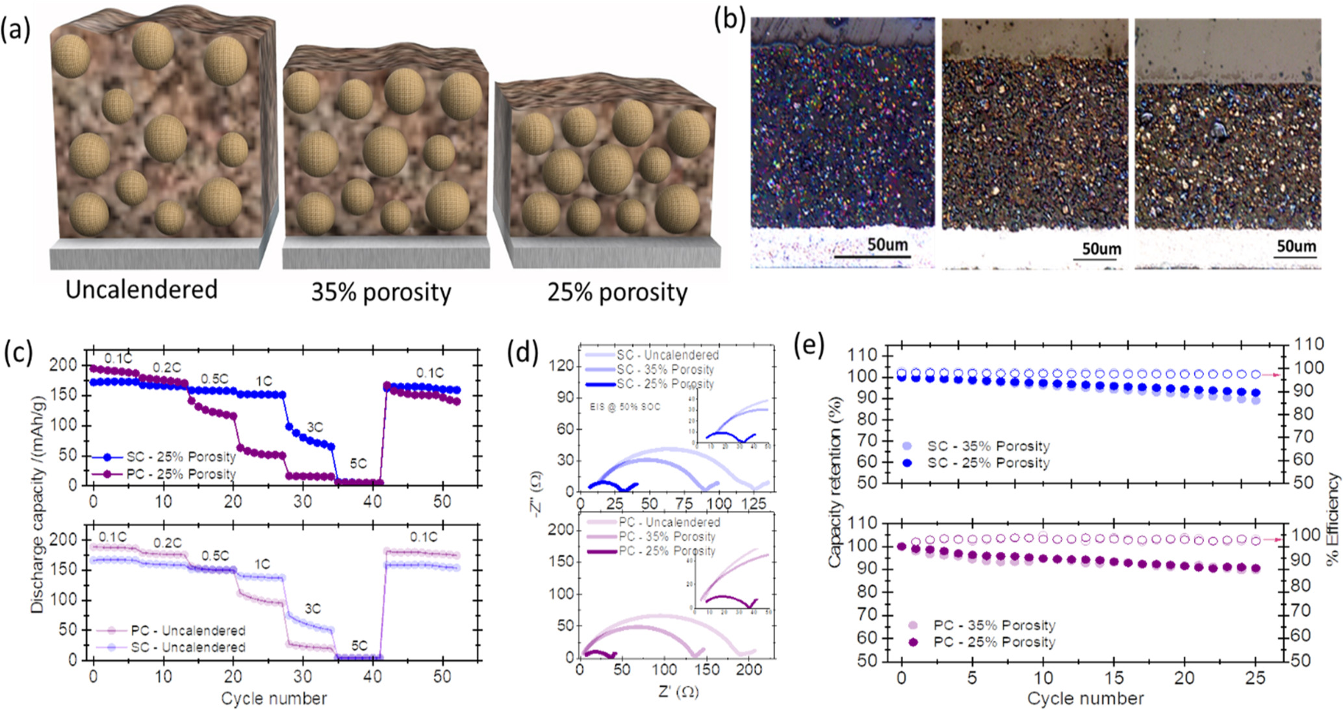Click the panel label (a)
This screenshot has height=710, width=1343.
[16, 30]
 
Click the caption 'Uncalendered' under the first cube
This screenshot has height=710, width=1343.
[142, 289]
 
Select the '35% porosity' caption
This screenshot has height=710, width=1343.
[381, 293]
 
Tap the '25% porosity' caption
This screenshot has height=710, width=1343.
[617, 293]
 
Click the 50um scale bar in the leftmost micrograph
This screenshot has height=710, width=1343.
[871, 256]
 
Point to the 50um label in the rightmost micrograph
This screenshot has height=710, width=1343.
[1296, 246]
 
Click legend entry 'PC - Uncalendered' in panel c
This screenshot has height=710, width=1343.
[188, 630]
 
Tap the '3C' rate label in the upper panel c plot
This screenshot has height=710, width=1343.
[314, 427]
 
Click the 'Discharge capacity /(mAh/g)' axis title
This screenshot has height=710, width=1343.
[38, 507]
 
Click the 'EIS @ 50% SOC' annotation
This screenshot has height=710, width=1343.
[624, 406]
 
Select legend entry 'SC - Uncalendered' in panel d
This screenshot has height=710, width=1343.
[667, 355]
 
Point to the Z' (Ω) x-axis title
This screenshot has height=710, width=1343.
[678, 691]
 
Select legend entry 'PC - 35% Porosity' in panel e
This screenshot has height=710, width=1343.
[994, 625]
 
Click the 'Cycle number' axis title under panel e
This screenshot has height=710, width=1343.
[1085, 698]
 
